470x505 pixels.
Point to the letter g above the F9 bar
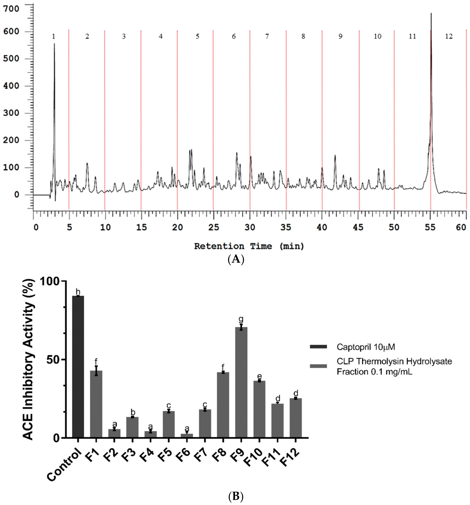tap(241, 319)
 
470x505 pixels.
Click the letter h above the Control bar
tap(78, 292)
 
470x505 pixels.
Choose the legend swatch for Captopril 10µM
tap(318, 347)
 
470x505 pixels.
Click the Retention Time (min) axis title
tap(249, 246)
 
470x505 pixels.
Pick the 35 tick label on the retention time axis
tap(286, 227)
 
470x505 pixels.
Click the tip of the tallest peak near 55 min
tap(431, 14)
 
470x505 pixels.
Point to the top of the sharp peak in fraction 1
tap(54, 44)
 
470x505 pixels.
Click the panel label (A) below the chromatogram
tap(236, 259)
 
